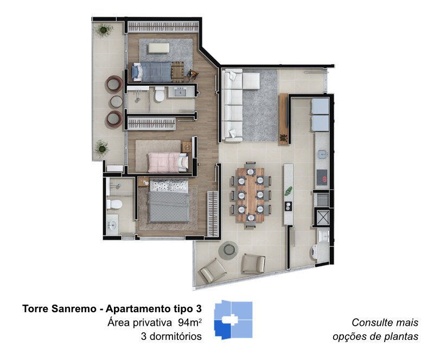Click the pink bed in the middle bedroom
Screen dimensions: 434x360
tap(168, 162)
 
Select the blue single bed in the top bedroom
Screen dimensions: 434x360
tap(152, 72)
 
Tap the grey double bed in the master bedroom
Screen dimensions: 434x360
tap(169, 201)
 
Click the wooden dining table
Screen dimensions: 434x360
tap(251, 194)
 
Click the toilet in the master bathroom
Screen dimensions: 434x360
tap(114, 204)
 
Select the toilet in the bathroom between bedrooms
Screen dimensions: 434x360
tap(159, 94)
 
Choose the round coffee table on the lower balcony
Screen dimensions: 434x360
tap(228, 250)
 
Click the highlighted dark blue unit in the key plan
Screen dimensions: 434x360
tap(223, 330)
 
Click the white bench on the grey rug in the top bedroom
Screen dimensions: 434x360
tap(158, 48)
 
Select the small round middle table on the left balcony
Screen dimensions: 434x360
tap(116, 102)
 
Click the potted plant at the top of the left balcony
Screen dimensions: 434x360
tap(104, 29)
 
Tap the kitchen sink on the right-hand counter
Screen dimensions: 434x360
tap(322, 154)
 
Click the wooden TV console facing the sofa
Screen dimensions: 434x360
tap(283, 119)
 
